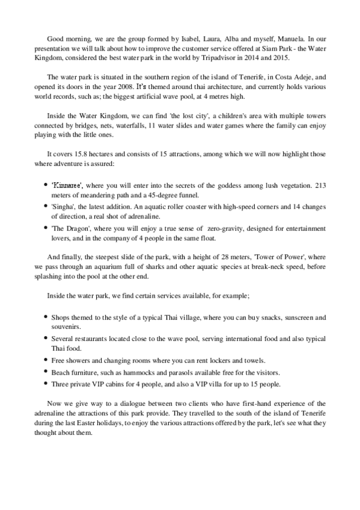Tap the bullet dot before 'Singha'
click(x=47, y=206)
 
